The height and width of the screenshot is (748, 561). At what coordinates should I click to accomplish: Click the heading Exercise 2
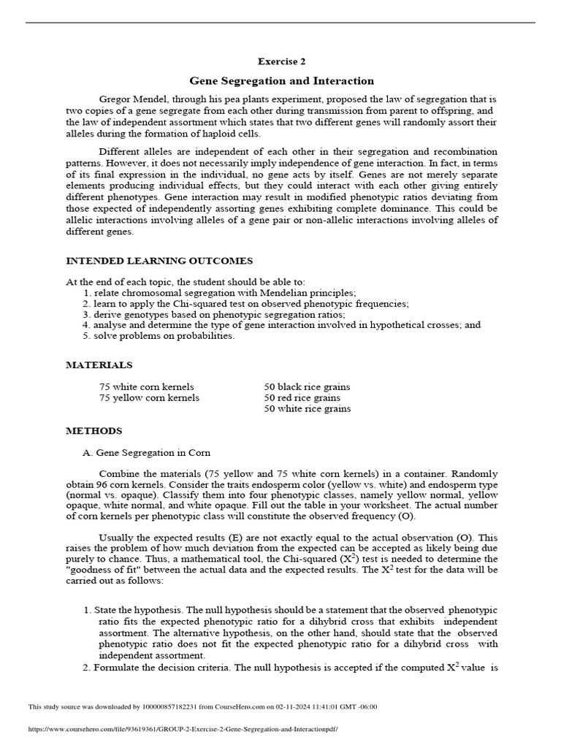click(281, 62)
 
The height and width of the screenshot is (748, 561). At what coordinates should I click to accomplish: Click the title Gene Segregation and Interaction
click(281, 81)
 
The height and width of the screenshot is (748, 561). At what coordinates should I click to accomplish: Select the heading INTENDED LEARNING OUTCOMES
click(159, 261)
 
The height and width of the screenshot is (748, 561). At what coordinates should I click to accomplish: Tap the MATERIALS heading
click(99, 365)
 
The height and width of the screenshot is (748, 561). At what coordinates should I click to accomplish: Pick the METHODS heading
click(94, 431)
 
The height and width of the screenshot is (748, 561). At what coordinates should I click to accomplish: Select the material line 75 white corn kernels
click(147, 386)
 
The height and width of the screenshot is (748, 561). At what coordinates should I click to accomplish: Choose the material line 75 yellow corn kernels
click(149, 398)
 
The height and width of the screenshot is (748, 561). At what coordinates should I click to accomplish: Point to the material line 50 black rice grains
click(307, 386)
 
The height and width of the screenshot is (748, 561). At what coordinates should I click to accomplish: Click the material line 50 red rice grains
click(302, 398)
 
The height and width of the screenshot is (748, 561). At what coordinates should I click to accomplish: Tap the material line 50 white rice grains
click(308, 409)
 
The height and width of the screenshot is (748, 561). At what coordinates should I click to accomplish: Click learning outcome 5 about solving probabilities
click(159, 336)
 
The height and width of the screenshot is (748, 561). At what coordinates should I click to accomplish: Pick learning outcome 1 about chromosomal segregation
click(219, 292)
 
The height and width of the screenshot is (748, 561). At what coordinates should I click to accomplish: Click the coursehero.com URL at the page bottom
click(183, 730)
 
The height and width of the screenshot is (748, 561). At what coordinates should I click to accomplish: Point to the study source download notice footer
click(202, 706)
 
